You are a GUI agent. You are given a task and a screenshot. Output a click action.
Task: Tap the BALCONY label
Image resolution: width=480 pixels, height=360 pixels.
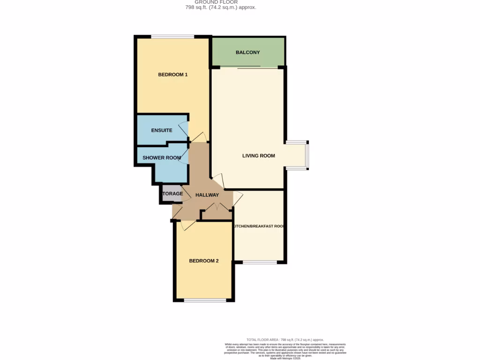pyautogui.click(x=247, y=52)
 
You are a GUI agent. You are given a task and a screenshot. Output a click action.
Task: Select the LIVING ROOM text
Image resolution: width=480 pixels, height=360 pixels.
pyautogui.click(x=258, y=156)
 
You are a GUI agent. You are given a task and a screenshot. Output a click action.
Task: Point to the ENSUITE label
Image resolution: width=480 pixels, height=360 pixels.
pyautogui.click(x=162, y=130)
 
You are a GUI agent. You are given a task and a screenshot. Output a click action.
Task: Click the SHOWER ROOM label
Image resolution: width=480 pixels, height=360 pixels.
pyautogui.click(x=162, y=158)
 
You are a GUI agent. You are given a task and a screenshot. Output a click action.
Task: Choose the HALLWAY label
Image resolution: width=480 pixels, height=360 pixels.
pyautogui.click(x=207, y=195)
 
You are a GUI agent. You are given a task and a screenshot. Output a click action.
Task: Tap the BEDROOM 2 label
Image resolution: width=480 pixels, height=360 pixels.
pyautogui.click(x=203, y=261)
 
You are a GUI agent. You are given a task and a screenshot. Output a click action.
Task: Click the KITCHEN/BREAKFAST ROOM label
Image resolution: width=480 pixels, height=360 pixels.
pyautogui.click(x=259, y=226)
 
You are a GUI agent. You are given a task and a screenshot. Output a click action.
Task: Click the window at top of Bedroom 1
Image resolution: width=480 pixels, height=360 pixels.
pyautogui.click(x=172, y=37)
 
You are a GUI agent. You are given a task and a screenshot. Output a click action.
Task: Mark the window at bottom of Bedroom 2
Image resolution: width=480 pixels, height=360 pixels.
pyautogui.click(x=203, y=300)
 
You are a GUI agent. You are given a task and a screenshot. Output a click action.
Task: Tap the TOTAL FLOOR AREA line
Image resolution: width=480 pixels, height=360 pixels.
pyautogui.click(x=285, y=340)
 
